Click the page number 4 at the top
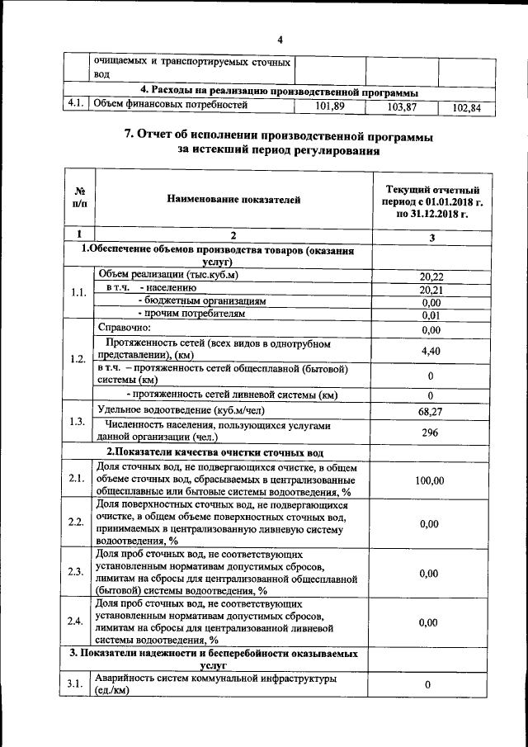coord(280,40)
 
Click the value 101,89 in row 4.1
coord(329,106)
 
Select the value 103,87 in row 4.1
coord(401,107)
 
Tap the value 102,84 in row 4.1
coord(472,108)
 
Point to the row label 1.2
coord(78,359)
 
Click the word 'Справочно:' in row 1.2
coord(125,328)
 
